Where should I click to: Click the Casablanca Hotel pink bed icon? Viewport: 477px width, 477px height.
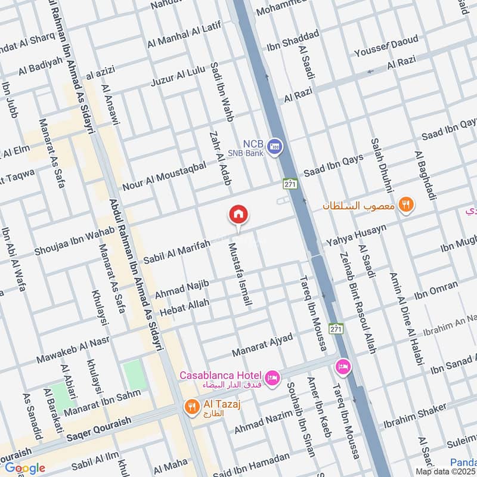272,379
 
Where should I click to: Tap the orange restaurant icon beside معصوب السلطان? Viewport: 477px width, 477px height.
407,205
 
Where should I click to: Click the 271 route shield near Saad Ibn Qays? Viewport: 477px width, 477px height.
290,184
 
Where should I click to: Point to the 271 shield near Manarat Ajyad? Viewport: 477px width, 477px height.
337,329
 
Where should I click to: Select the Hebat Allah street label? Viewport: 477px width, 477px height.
184,308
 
